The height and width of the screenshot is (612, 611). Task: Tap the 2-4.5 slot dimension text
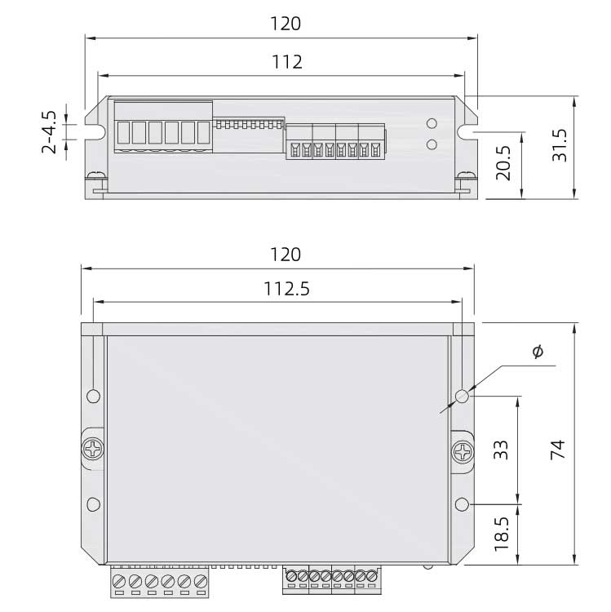(x=50, y=131)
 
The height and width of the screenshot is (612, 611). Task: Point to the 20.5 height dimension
(x=503, y=164)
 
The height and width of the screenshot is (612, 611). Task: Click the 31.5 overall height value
(x=560, y=144)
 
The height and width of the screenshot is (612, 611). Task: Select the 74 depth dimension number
(x=558, y=450)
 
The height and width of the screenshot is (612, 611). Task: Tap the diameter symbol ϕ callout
(x=537, y=352)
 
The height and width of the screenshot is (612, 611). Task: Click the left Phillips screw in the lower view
(x=94, y=450)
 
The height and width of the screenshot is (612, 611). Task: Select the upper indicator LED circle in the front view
(x=432, y=125)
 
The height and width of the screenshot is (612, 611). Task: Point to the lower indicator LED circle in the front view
(x=432, y=145)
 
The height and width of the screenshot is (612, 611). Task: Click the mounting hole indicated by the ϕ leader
(x=463, y=397)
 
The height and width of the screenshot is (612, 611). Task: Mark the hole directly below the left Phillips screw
(x=94, y=503)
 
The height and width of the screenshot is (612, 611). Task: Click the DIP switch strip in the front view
(x=248, y=125)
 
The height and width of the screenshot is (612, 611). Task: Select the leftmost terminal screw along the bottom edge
(x=120, y=583)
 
